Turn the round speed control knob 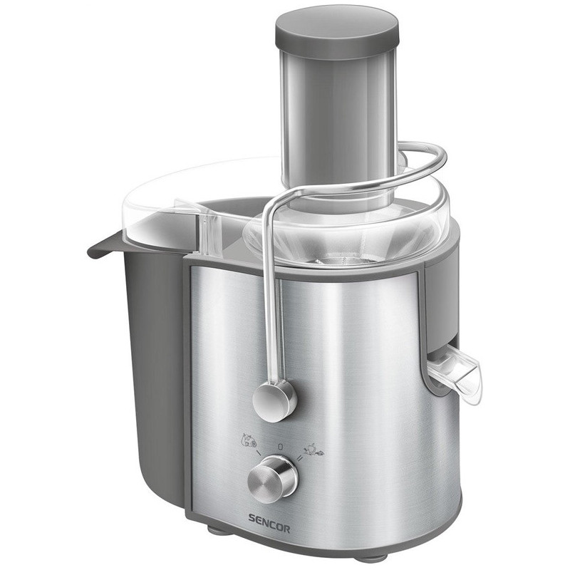point(273,480)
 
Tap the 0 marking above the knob point(280,446)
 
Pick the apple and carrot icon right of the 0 point(312,449)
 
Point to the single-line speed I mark point(258,453)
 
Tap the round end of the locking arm point(275,399)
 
